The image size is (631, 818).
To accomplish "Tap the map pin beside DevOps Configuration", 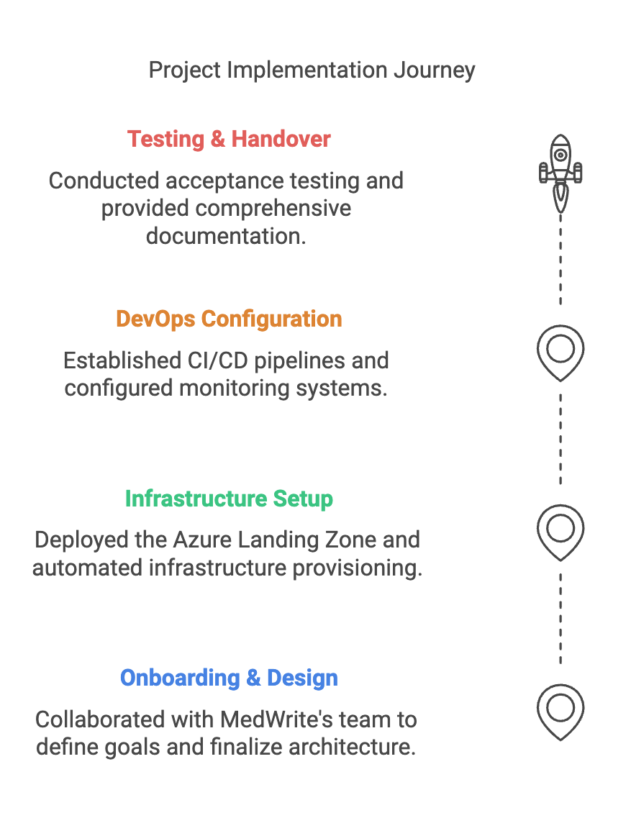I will [x=560, y=352].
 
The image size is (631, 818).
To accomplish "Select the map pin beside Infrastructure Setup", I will [x=560, y=532].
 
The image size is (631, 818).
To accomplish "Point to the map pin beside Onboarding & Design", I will [x=560, y=711].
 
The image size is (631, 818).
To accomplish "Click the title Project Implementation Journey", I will [x=312, y=71].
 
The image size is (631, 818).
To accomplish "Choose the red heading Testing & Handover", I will [x=229, y=139].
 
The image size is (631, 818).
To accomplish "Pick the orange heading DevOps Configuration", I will [x=229, y=319].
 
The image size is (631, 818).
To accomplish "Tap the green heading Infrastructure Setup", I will [x=229, y=499].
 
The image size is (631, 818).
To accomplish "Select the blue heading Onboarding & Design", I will [x=229, y=678].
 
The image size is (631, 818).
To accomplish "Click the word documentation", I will [x=226, y=236].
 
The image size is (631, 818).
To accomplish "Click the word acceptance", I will [x=208, y=180].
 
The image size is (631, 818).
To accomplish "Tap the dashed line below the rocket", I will [x=560, y=259].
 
